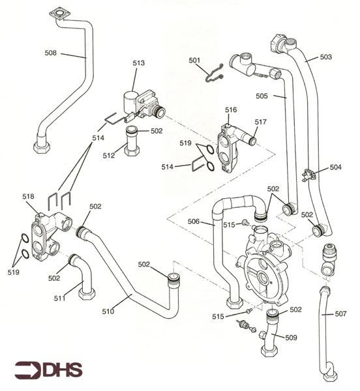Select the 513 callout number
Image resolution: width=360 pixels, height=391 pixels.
[x=138, y=63]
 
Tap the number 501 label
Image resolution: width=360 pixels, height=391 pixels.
[x=195, y=61]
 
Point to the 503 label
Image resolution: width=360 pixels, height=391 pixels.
[x=327, y=57]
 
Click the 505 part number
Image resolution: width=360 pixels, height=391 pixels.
[x=262, y=96]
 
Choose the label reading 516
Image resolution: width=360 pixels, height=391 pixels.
[x=231, y=109]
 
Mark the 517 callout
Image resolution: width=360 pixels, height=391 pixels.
[x=261, y=122]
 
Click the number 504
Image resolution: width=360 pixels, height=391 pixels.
[x=335, y=167]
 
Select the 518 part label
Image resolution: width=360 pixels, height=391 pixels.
[x=28, y=195]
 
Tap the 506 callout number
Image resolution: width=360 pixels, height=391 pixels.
[x=193, y=222]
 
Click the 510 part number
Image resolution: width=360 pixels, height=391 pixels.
[x=108, y=311]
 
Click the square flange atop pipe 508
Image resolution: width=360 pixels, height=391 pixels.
[x=59, y=13]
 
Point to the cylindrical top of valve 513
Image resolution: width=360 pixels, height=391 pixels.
[x=132, y=99]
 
